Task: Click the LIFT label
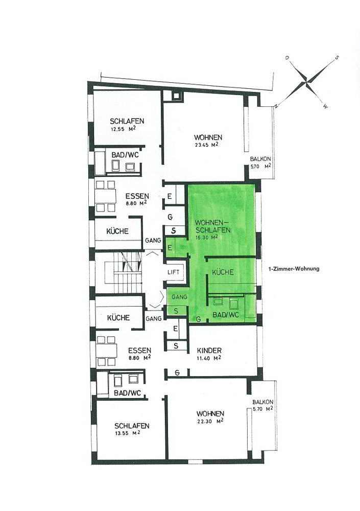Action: click(x=173, y=272)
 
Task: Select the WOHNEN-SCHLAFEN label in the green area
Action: click(x=213, y=226)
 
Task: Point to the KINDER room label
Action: click(x=209, y=351)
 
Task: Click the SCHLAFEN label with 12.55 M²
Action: click(x=127, y=121)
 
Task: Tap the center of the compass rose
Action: click(x=307, y=81)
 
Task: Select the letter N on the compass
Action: click(x=276, y=106)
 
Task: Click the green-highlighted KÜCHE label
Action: click(x=223, y=272)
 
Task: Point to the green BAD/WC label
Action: click(x=226, y=315)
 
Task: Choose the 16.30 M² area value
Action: click(x=206, y=237)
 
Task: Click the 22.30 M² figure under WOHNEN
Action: click(x=210, y=421)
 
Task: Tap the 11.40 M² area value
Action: click(x=209, y=358)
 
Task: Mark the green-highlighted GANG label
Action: click(x=179, y=297)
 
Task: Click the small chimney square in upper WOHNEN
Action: click(x=176, y=96)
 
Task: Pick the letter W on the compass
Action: click(x=325, y=106)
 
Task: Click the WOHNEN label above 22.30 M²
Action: click(x=210, y=413)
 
